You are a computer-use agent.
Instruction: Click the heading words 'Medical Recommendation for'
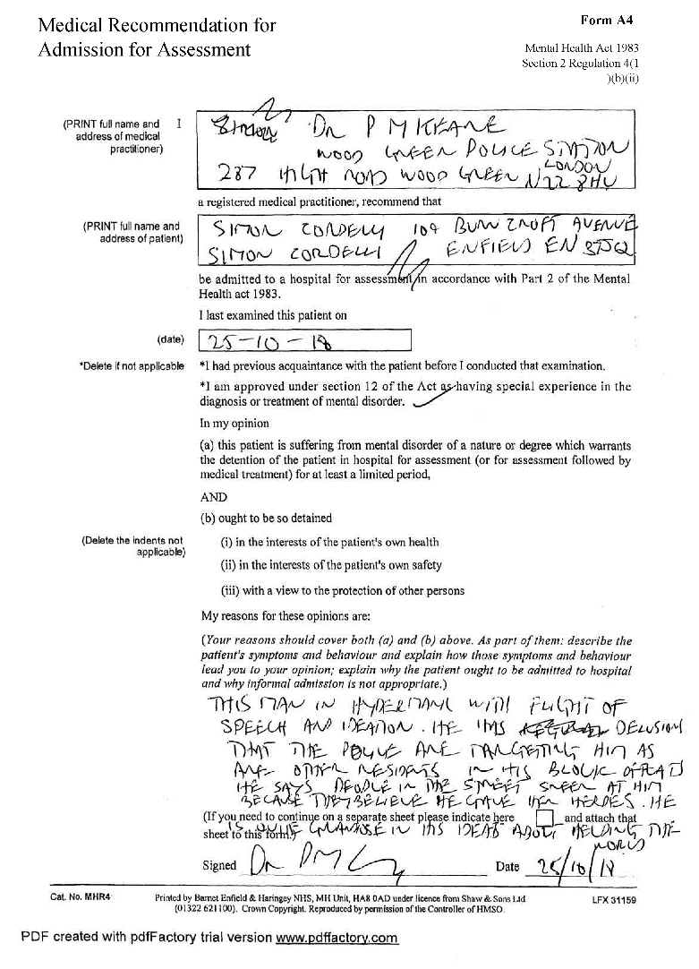tap(157, 25)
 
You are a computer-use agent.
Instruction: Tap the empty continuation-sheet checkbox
tap(543, 819)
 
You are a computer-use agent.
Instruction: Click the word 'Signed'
tap(219, 866)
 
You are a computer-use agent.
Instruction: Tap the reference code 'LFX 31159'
tap(613, 897)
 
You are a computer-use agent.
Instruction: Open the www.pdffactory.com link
tap(337, 939)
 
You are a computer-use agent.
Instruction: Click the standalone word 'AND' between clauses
tap(214, 497)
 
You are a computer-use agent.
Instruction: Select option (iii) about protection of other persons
tap(343, 591)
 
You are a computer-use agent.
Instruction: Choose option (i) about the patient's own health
tap(329, 542)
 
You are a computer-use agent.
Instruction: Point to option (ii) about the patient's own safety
tap(331, 565)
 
